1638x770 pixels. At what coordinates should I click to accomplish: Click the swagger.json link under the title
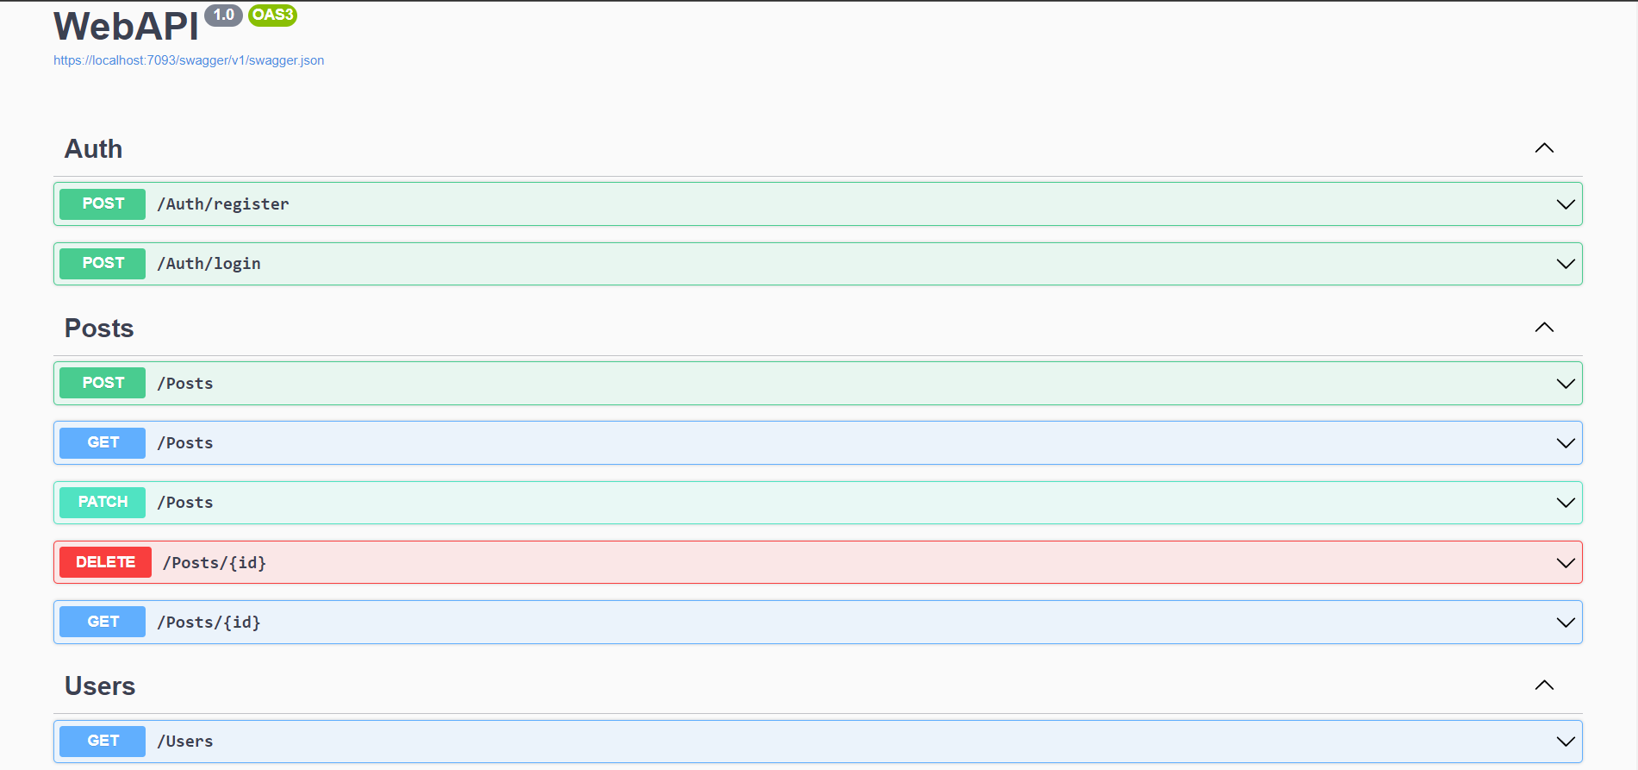[189, 60]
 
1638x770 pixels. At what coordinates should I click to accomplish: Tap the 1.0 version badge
[224, 16]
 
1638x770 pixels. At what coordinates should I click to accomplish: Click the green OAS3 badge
[272, 16]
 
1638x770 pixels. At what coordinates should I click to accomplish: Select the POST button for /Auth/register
[103, 204]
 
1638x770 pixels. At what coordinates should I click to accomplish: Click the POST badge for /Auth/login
[103, 264]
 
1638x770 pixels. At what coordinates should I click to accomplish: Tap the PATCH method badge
[103, 503]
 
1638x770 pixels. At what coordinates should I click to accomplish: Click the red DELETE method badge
[105, 562]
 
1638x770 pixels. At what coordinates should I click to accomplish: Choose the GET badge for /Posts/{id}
[103, 622]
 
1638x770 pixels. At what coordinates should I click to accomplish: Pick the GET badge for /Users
[103, 741]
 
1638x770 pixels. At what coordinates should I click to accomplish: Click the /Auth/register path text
[223, 204]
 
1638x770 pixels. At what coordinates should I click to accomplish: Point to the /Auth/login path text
[209, 264]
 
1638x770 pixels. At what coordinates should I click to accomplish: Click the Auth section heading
[94, 149]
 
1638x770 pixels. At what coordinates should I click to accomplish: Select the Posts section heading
[99, 329]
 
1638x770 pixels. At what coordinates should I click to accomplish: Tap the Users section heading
[100, 686]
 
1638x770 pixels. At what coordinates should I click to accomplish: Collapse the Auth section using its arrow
[1544, 148]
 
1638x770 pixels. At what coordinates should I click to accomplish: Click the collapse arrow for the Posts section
[1544, 328]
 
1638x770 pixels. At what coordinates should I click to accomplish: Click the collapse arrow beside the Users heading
[1544, 685]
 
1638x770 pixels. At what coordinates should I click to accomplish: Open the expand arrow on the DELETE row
[1566, 563]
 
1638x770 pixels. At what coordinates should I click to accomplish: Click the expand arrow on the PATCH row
[1566, 503]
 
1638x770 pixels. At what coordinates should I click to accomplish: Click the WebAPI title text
[126, 27]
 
